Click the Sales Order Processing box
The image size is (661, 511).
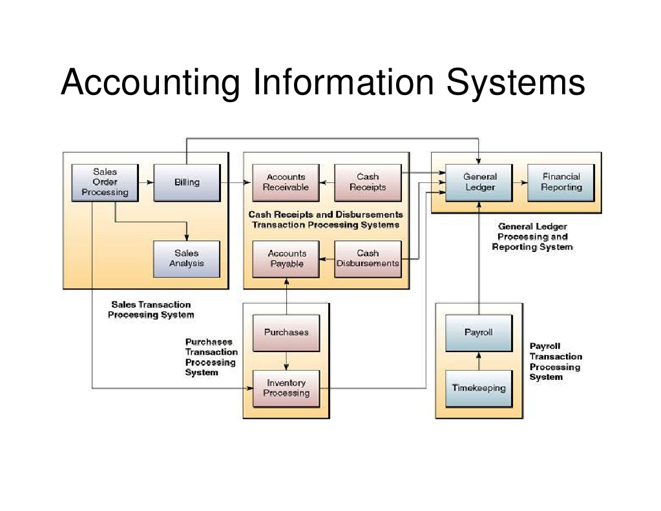[105, 182]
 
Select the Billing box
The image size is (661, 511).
[187, 182]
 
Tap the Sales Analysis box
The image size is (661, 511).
[187, 258]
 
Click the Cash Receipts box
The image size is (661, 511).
[368, 182]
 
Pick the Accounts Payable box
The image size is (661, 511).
[286, 258]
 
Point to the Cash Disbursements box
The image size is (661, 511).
[368, 258]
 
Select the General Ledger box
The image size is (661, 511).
[480, 182]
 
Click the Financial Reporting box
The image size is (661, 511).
[561, 182]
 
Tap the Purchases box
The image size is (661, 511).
[286, 333]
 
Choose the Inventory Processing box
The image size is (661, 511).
[286, 388]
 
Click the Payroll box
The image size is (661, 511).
[479, 333]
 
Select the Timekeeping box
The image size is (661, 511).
[479, 388]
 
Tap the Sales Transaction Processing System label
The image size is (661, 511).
[151, 309]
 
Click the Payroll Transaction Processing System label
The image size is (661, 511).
[555, 362]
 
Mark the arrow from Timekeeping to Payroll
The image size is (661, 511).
[479, 360]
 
